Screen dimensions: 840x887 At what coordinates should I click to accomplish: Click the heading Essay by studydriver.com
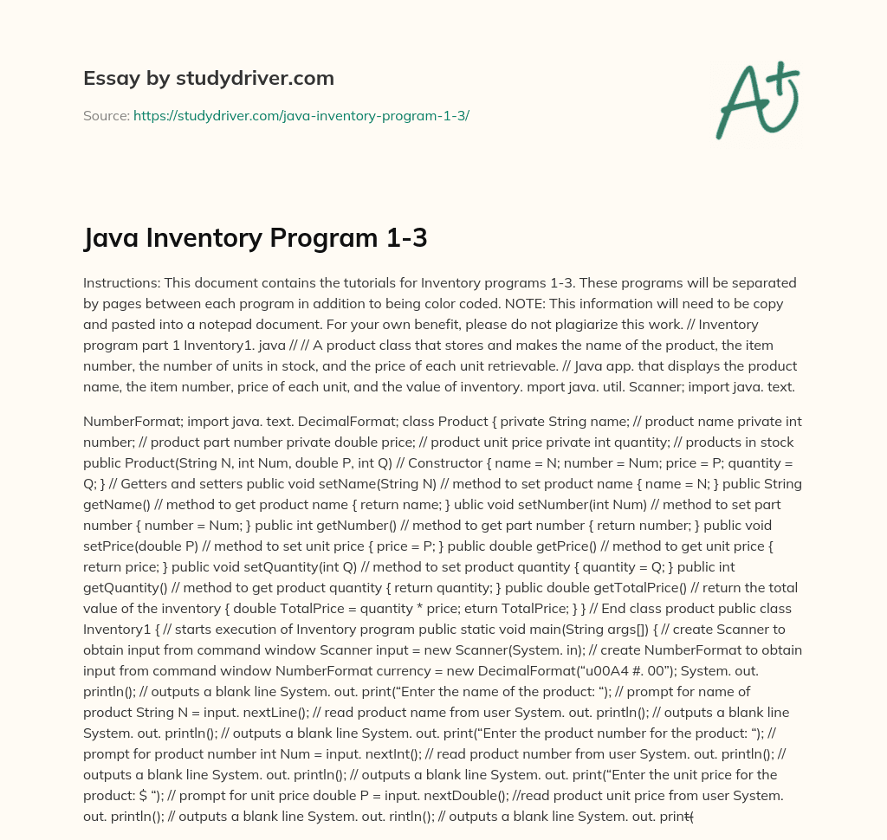pyautogui.click(x=208, y=78)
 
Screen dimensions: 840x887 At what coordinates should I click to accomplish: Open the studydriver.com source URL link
pyautogui.click(x=301, y=115)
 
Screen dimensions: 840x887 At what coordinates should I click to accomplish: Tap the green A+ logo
pyautogui.click(x=757, y=100)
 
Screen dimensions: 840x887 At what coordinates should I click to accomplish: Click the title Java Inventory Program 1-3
pyautogui.click(x=256, y=237)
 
